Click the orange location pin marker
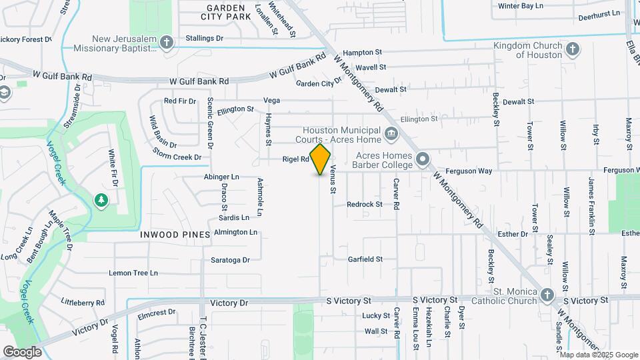point(321,160)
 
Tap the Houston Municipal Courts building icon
point(391,135)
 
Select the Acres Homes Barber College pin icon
point(423,159)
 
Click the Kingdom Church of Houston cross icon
point(572,49)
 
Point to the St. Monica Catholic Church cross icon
point(547,295)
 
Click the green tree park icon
point(101,200)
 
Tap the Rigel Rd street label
point(296,159)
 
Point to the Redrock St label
point(365,204)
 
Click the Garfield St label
point(365,259)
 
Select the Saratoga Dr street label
point(230,260)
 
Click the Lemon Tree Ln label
point(133,273)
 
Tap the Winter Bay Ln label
point(521,6)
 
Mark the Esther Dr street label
point(513,234)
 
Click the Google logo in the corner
point(22,351)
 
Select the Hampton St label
point(362,52)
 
